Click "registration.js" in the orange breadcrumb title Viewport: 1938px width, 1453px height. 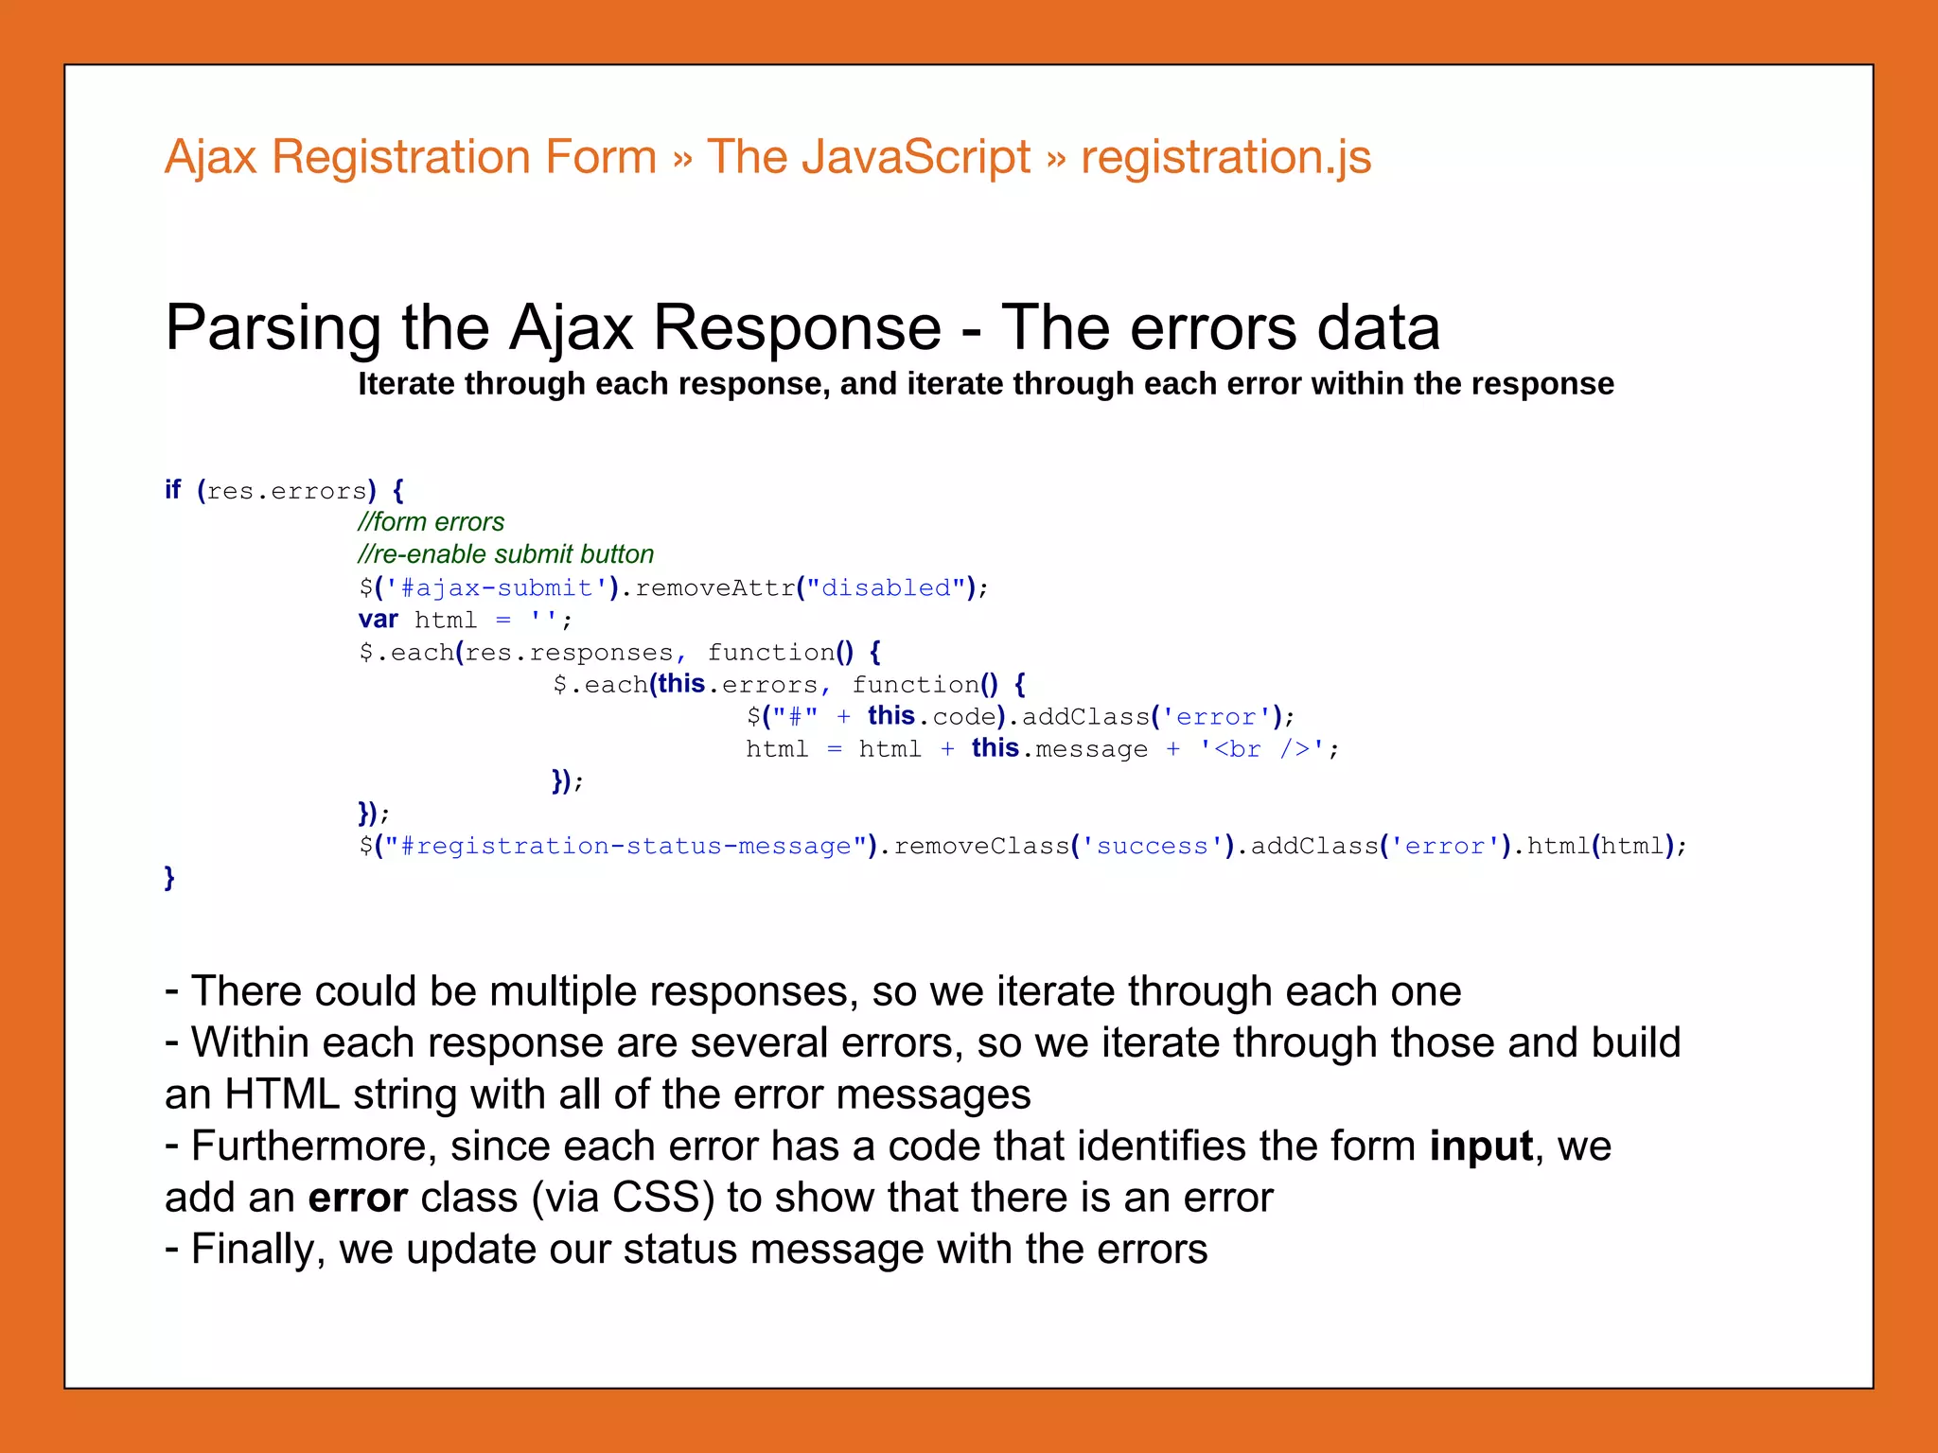pos(1225,157)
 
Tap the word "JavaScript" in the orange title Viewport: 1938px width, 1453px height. pos(915,157)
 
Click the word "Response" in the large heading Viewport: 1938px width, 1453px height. pos(797,327)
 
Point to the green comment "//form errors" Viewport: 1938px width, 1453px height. pos(431,522)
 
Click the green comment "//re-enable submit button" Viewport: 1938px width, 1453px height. pos(505,554)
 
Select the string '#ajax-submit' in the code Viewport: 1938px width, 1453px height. pos(497,587)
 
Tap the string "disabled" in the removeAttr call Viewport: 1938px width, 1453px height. pos(886,587)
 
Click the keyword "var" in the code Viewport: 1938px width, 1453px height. pos(378,620)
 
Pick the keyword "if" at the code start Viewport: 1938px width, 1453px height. pos(172,490)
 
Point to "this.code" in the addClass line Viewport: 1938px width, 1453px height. pos(931,716)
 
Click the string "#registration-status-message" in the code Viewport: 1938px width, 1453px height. pos(625,846)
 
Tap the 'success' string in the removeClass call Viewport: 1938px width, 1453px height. pos(1153,846)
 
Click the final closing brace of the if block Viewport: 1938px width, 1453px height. pos(169,878)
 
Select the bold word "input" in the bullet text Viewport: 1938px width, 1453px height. pos(1480,1146)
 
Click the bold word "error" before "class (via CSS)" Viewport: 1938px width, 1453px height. pos(358,1198)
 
